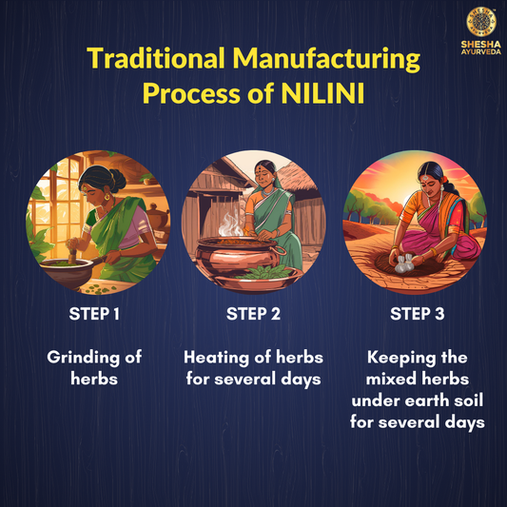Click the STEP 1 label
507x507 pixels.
[94, 314]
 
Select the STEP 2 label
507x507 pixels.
[253, 314]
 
